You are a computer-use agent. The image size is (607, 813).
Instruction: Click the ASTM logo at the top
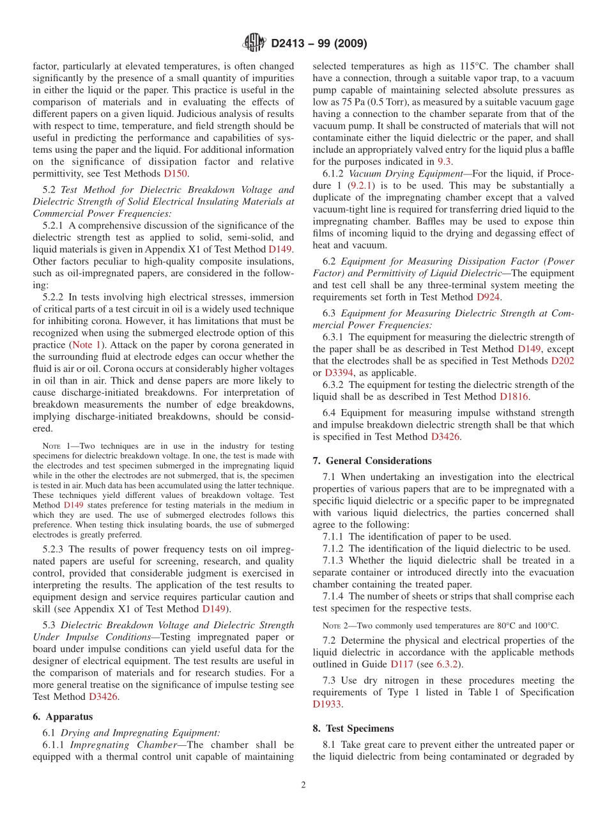coord(254,43)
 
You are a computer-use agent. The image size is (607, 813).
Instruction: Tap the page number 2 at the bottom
coord(303,785)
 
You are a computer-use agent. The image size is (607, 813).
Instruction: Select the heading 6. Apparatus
coord(62,716)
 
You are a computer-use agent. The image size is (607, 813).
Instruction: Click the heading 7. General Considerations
coord(372,460)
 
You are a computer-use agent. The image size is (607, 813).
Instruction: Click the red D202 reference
coord(562,361)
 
